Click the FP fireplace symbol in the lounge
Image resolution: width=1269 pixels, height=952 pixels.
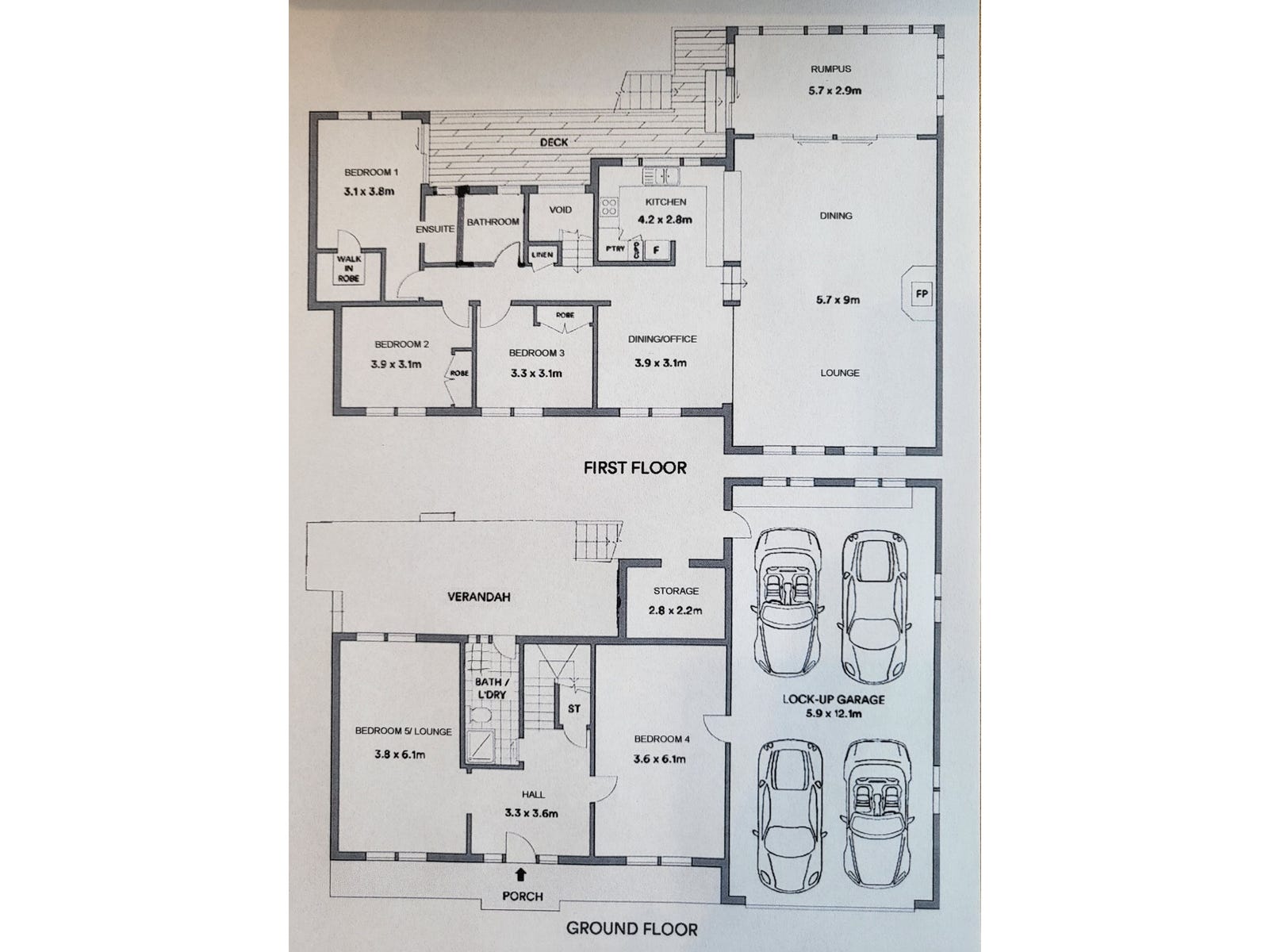[x=922, y=294]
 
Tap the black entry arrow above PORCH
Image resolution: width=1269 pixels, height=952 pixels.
[x=520, y=875]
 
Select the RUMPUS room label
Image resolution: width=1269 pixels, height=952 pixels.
[x=830, y=69]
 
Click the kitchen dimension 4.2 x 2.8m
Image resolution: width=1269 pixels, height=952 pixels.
[x=665, y=220]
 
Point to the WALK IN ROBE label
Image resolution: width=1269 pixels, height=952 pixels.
[x=349, y=269]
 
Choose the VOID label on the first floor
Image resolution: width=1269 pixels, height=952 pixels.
[x=560, y=210]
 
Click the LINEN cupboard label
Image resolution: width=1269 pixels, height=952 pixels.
[x=542, y=255]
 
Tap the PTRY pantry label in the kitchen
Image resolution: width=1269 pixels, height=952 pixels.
[x=615, y=249]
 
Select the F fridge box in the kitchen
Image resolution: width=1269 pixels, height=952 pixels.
[x=656, y=249]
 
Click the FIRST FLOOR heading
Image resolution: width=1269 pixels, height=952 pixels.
[x=634, y=468]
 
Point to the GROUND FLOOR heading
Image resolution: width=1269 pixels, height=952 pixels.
[x=631, y=929]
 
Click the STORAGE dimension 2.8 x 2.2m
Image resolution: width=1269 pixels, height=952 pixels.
[x=676, y=611]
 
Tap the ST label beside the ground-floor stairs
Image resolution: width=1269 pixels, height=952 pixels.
[x=574, y=708]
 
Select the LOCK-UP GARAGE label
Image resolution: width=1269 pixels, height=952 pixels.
[x=833, y=700]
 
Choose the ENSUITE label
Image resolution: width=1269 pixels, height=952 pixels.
[x=435, y=229]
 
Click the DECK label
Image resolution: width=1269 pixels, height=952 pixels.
[x=554, y=143]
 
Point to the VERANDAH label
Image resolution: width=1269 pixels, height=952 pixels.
[x=478, y=597]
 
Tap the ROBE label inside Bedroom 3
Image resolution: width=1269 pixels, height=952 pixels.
[x=564, y=315]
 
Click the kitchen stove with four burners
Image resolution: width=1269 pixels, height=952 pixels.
[x=610, y=207]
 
